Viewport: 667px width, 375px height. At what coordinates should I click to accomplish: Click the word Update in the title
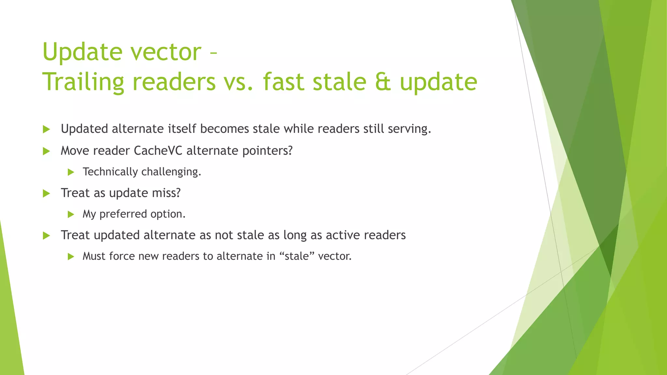point(83,52)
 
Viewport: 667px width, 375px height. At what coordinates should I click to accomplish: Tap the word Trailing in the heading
point(83,82)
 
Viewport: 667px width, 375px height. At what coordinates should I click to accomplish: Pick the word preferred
point(123,214)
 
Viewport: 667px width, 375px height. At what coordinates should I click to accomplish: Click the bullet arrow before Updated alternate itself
point(46,130)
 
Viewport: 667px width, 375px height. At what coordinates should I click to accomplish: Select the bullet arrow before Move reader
point(46,151)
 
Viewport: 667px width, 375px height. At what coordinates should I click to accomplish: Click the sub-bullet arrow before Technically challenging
point(71,172)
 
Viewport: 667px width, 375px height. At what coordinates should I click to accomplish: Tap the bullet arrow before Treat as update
point(46,194)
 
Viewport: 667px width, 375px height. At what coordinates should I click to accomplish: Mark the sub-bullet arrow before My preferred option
point(71,215)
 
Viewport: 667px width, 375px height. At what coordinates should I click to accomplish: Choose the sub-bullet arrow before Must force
point(71,257)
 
